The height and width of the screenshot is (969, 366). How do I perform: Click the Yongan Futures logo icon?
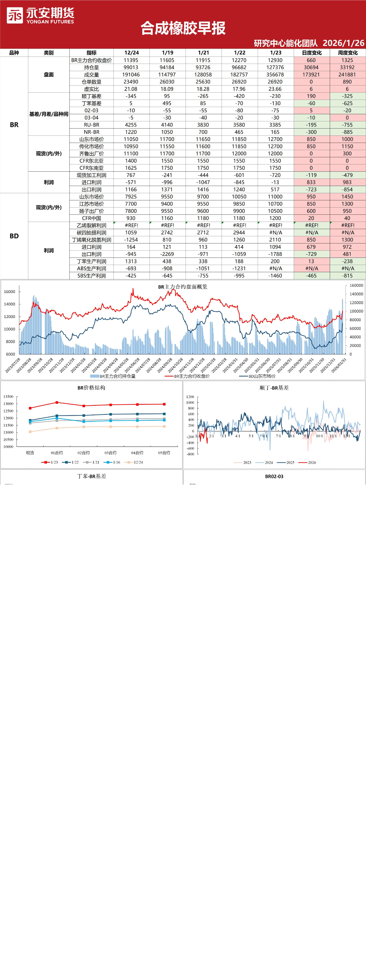pos(15,15)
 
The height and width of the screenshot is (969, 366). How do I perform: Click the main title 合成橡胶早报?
pos(183,28)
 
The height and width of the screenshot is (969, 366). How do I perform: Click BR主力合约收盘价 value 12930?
pos(275,60)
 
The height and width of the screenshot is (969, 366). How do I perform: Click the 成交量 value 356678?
pos(275,74)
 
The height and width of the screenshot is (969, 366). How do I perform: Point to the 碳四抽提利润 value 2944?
pos(239,232)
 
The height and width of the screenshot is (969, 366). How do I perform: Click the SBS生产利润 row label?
pos(92,276)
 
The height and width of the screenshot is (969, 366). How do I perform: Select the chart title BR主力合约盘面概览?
pos(183,287)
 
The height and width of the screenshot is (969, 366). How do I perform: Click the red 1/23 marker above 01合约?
pos(57,402)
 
